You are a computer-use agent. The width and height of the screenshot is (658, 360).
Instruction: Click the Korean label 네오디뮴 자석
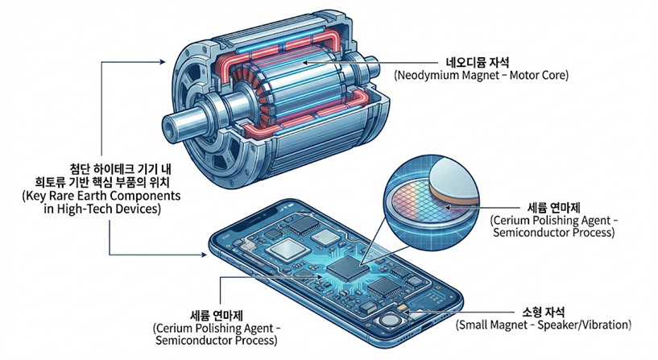481,61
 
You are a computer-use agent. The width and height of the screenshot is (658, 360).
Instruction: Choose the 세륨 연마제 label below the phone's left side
215,314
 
